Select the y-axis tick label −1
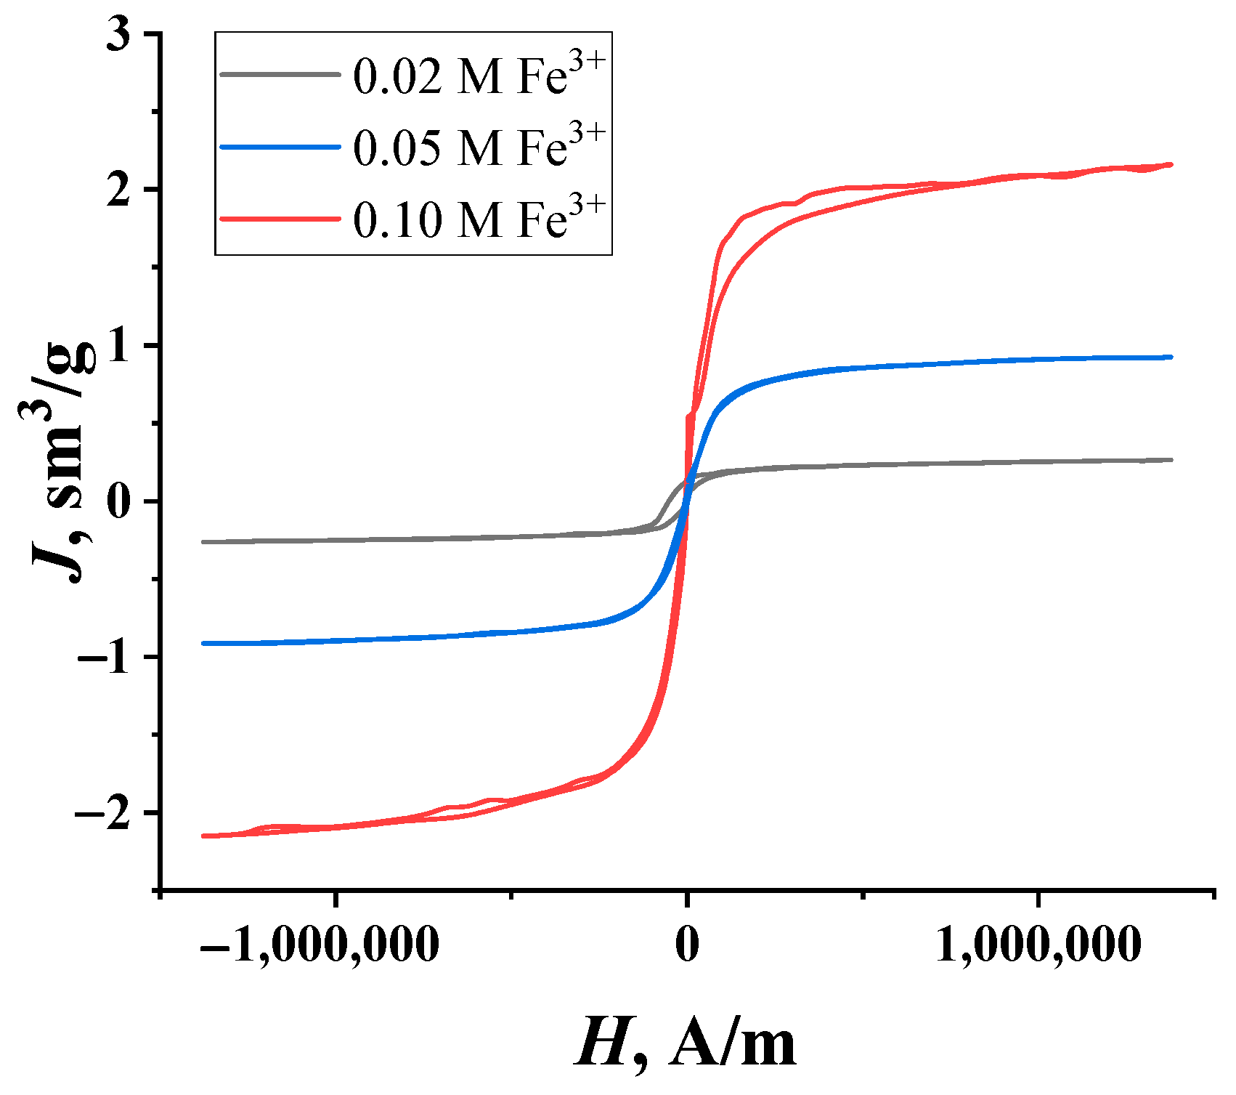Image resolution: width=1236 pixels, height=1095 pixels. click(x=109, y=658)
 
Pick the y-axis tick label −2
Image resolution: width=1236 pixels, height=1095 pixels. click(x=109, y=813)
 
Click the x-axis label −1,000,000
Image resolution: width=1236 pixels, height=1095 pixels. click(x=320, y=945)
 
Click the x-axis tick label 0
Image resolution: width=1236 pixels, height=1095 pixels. click(x=686, y=945)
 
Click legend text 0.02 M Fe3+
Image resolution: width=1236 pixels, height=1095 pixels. click(x=479, y=76)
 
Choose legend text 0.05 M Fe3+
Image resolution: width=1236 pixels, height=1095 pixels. click(x=479, y=147)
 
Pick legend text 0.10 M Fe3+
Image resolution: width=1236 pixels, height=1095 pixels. click(x=479, y=219)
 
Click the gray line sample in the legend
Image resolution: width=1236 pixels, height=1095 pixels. click(x=280, y=74)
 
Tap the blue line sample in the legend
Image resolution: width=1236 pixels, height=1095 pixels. click(x=280, y=146)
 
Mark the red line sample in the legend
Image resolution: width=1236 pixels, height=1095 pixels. click(x=280, y=218)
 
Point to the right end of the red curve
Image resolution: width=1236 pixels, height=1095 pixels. click(x=1171, y=165)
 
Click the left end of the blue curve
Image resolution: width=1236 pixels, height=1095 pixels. click(x=203, y=643)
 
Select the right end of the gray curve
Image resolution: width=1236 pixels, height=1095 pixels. click(x=1171, y=460)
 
